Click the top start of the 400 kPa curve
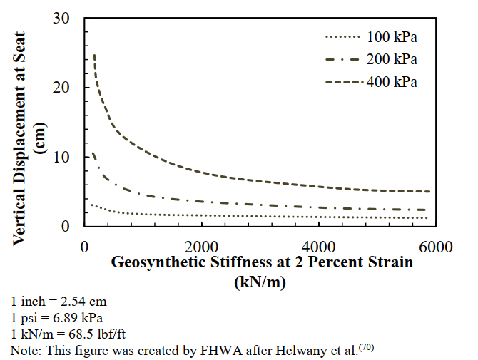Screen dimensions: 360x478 pos(94,55)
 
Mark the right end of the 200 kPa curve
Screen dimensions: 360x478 pos(428,210)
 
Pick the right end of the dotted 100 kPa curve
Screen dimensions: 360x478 pos(428,218)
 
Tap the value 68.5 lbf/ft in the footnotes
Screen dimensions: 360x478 pos(96,334)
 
